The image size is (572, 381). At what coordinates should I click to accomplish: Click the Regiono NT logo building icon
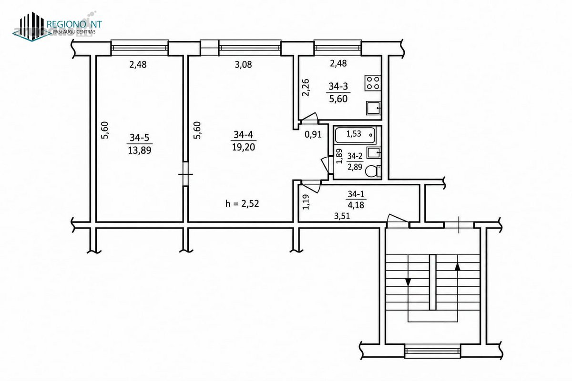coord(32,27)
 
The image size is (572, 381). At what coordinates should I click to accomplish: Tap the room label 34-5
coord(139,138)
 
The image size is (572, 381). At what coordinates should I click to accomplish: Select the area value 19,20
coord(244,147)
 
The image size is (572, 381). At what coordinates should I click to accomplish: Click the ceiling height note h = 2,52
coord(242,203)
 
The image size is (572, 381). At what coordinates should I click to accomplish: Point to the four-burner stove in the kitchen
coord(373,83)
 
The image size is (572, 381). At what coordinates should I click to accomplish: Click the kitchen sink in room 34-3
coord(374,108)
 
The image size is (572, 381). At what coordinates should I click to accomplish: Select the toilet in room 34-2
coord(373,171)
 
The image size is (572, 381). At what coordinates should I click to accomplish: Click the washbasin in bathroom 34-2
coord(374,152)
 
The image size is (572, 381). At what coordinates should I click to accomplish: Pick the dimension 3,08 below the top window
coord(244,64)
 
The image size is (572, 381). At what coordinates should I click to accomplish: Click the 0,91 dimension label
coord(313,134)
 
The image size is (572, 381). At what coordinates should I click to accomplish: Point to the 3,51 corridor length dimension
coord(342,216)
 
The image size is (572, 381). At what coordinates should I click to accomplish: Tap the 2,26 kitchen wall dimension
coord(306,88)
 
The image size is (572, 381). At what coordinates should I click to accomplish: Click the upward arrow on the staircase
coord(458,266)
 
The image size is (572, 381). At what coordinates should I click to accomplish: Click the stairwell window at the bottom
coord(433,351)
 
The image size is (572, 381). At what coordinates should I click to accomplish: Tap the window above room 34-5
coord(139,48)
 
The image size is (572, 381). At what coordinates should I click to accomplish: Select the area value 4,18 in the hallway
coord(356,205)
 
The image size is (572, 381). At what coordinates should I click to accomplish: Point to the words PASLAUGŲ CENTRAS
coord(74,32)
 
